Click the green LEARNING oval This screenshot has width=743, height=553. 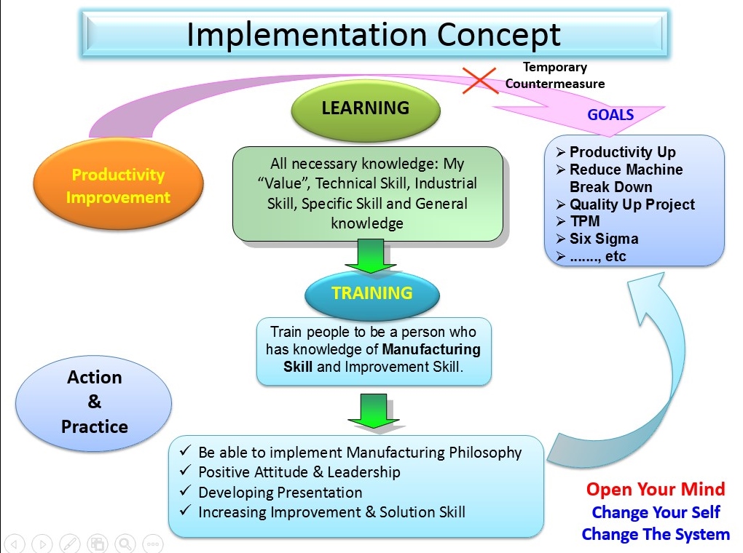(366, 109)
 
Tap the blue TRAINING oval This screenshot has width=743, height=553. (372, 293)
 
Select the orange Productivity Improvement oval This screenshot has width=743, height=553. (119, 185)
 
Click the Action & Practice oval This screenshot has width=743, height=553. (94, 402)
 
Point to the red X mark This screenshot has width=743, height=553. (479, 81)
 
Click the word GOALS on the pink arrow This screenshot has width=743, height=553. (610, 114)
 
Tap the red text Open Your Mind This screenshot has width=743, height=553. (656, 489)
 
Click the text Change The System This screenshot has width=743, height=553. (656, 534)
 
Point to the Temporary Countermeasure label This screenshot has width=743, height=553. (555, 75)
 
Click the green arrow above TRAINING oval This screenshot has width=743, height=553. (370, 256)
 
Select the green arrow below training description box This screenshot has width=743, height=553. (374, 411)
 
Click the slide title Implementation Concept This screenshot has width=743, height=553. (374, 35)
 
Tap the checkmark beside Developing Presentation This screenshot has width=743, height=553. (185, 490)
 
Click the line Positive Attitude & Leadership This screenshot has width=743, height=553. (299, 472)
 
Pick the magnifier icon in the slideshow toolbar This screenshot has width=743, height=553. (125, 544)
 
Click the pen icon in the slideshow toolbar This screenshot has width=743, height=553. (70, 544)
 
